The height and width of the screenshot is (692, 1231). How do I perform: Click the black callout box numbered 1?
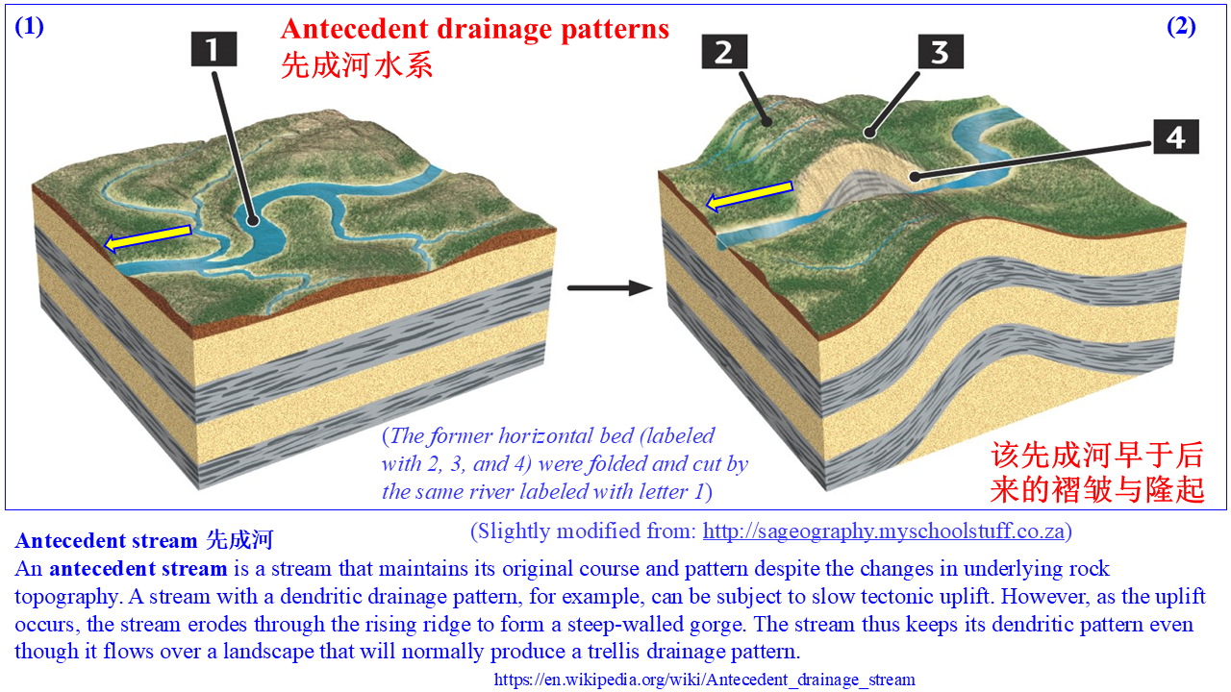pyautogui.click(x=214, y=49)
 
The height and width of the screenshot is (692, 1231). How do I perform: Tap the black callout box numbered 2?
pyautogui.click(x=724, y=52)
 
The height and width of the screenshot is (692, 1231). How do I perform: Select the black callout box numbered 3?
pyautogui.click(x=941, y=52)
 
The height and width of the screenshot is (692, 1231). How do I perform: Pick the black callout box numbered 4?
pyautogui.click(x=1175, y=136)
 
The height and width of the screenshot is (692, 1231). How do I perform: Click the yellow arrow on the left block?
pyautogui.click(x=147, y=237)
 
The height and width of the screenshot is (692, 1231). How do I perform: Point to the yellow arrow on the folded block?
pyautogui.click(x=748, y=196)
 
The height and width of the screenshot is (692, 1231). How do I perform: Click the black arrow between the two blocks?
pyautogui.click(x=610, y=287)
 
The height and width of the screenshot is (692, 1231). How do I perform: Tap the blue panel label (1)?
pyautogui.click(x=29, y=26)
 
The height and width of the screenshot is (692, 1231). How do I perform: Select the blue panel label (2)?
pyautogui.click(x=1181, y=26)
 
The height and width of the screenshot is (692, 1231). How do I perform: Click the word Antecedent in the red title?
pyautogui.click(x=355, y=29)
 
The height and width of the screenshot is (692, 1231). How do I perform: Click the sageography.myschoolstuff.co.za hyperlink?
pyautogui.click(x=884, y=531)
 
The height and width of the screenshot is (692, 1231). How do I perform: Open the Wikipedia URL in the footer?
pyautogui.click(x=705, y=680)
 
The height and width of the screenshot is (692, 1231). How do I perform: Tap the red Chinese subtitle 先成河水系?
pyautogui.click(x=357, y=66)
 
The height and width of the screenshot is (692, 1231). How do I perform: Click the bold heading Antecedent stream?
pyautogui.click(x=106, y=540)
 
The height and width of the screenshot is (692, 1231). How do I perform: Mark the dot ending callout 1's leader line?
pyautogui.click(x=252, y=221)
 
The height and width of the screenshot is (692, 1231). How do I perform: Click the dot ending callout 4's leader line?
pyautogui.click(x=915, y=176)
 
